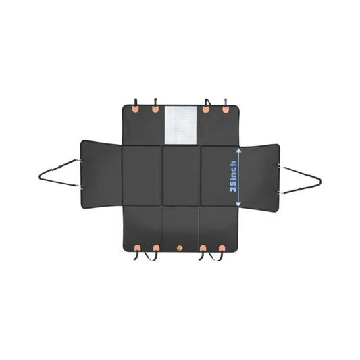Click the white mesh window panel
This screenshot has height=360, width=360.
click(x=181, y=125)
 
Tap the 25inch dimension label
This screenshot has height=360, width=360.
click(x=233, y=176)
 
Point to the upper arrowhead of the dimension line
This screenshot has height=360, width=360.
click(x=238, y=151)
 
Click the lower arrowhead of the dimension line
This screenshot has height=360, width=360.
click(x=238, y=203)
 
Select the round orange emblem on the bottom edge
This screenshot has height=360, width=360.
click(x=180, y=248)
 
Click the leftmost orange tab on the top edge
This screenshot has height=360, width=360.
click(x=136, y=109)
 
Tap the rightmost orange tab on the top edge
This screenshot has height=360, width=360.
click(x=226, y=109)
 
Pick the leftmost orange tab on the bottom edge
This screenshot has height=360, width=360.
click(x=138, y=248)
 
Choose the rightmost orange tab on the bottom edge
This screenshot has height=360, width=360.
click(x=222, y=248)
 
